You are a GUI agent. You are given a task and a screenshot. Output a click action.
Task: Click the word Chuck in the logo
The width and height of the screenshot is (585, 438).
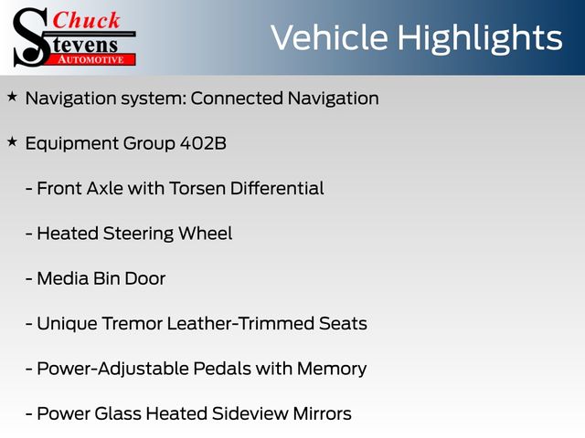(86, 20)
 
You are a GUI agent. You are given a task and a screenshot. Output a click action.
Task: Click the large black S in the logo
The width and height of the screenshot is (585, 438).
(30, 37)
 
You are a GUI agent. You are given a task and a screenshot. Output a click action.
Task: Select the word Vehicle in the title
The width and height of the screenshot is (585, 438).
(329, 37)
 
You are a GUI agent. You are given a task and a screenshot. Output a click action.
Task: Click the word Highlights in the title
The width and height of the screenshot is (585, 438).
(480, 38)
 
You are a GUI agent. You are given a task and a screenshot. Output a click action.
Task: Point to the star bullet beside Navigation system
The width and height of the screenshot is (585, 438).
(12, 97)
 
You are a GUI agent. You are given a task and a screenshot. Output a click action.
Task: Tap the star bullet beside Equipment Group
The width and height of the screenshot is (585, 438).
(12, 142)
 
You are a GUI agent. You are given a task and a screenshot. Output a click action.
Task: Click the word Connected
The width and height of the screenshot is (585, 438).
(237, 99)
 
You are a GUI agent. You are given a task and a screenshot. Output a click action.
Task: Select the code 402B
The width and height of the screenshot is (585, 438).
(203, 143)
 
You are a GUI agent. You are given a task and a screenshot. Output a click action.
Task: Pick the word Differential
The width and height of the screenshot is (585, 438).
(277, 188)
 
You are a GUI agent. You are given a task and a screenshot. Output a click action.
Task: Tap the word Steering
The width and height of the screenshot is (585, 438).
(138, 234)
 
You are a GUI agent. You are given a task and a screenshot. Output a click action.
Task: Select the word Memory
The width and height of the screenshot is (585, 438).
(332, 369)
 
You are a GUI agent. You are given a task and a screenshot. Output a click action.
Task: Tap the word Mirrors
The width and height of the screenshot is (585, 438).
(323, 413)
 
